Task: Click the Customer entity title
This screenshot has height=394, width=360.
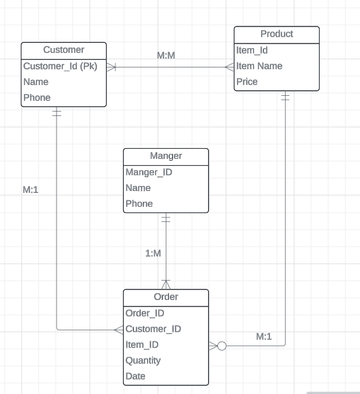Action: tap(63, 50)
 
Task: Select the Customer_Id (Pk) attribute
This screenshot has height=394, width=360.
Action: tap(60, 66)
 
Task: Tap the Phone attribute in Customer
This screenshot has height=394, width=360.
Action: tap(37, 98)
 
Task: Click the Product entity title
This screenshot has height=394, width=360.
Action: tap(276, 34)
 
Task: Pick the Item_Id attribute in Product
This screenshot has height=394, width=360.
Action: tap(252, 50)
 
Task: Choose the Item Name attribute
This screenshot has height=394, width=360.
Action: tap(259, 66)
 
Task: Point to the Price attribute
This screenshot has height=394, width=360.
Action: tap(247, 82)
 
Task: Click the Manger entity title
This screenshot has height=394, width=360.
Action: tap(166, 156)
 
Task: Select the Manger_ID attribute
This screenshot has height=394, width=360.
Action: tap(149, 172)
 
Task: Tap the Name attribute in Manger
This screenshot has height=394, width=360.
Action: tap(138, 188)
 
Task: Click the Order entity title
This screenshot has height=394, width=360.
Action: tap(166, 297)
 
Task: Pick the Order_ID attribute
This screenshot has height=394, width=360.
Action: tap(145, 313)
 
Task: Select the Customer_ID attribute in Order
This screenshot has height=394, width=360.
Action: tap(153, 329)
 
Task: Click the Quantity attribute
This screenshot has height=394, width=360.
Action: tap(143, 361)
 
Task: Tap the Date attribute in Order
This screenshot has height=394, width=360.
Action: tap(135, 376)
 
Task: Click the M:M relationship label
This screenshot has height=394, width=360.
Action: tap(166, 56)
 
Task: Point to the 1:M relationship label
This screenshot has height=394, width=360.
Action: tap(153, 253)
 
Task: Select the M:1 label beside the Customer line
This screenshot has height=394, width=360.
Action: tap(31, 190)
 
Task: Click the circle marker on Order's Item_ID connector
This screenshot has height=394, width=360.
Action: tap(221, 345)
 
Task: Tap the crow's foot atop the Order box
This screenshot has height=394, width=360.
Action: tap(166, 284)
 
